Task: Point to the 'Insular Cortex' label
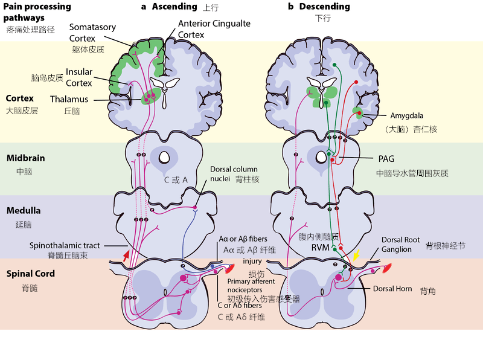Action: coord(79,77)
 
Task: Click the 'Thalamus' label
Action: coord(69,99)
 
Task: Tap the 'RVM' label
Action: coord(321,247)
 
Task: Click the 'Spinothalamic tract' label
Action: coord(65,245)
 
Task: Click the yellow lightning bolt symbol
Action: coord(357,256)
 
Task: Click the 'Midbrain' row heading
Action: coord(25,158)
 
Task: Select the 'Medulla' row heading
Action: coord(24,211)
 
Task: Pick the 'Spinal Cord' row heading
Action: coord(30,274)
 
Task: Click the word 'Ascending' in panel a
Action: coord(174,7)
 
